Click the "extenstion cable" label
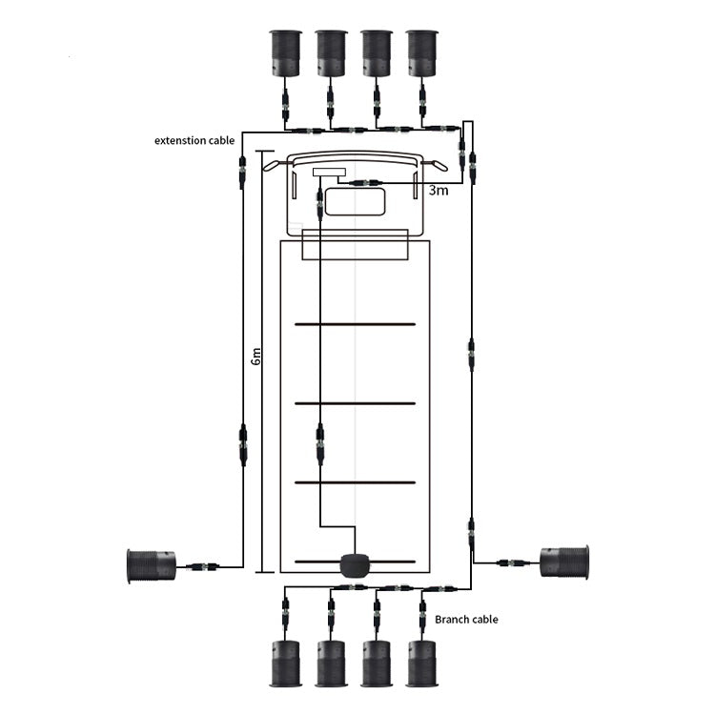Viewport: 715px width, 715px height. click(x=194, y=140)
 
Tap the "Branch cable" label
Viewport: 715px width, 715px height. click(x=466, y=620)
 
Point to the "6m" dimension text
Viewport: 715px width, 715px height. click(x=256, y=357)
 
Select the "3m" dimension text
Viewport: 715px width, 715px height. click(x=439, y=190)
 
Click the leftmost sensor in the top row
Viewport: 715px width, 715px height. click(x=285, y=52)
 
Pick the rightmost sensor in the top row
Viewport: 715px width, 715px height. click(x=422, y=52)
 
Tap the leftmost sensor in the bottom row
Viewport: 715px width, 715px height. click(x=285, y=664)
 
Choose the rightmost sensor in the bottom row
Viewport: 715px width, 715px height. click(x=422, y=664)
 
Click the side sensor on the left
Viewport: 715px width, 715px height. click(x=151, y=566)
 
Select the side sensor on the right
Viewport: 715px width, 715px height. click(x=564, y=562)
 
